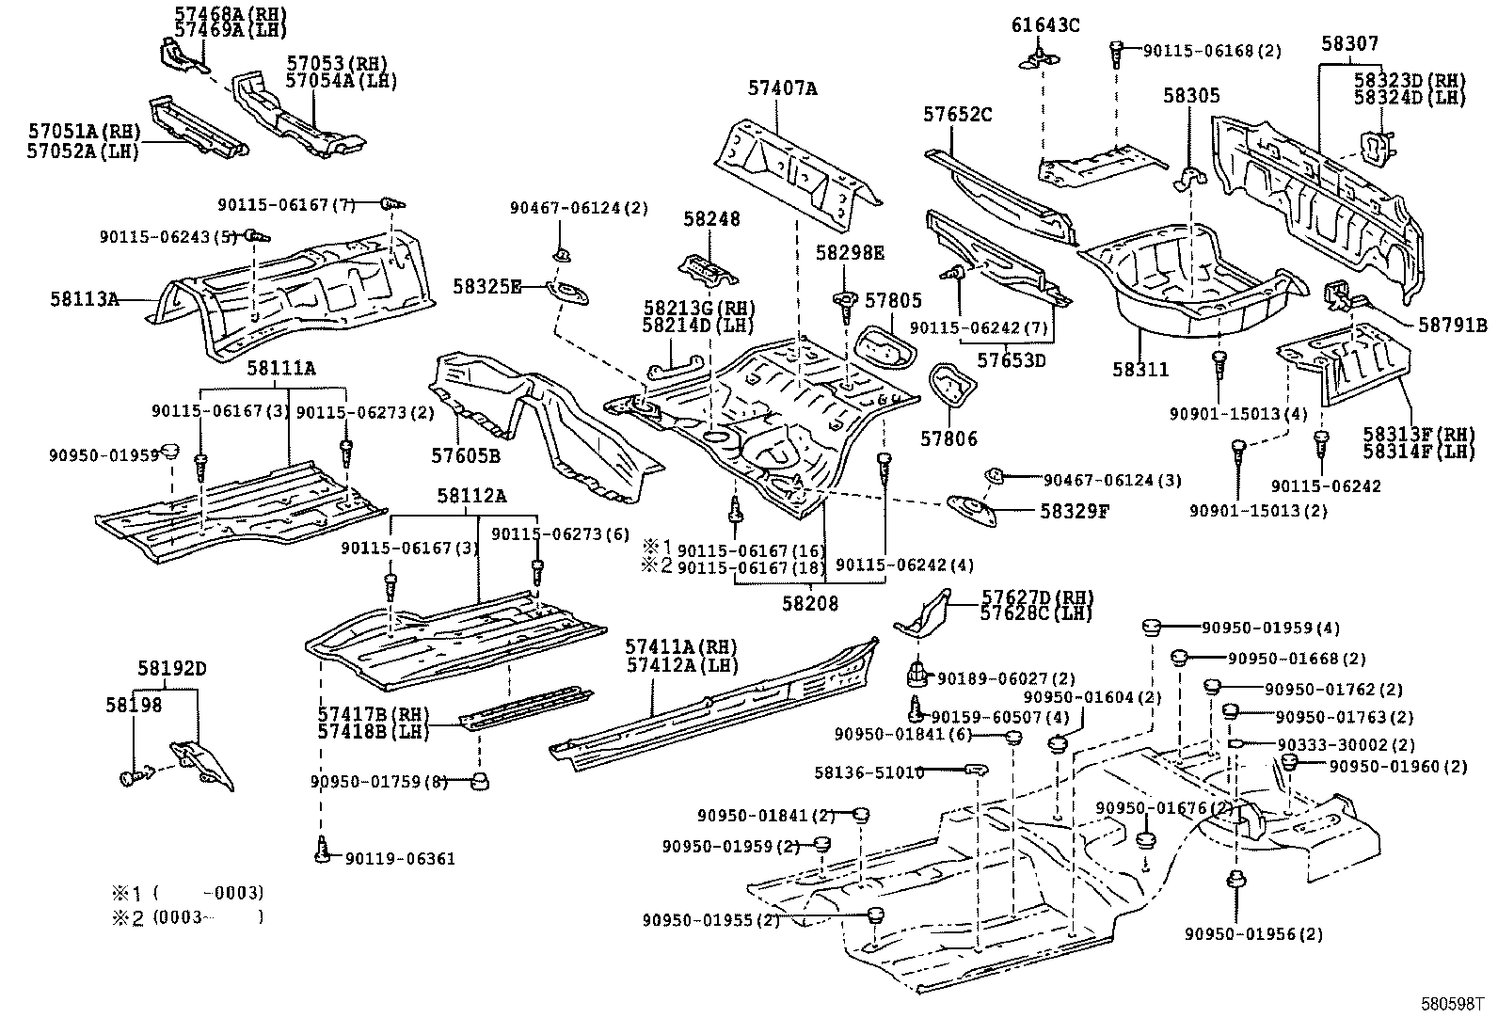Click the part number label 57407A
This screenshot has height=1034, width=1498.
783,89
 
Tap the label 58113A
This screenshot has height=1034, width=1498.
85,299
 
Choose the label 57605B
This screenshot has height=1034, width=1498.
465,455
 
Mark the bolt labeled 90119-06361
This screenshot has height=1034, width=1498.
323,851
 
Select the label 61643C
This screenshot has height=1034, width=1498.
1045,25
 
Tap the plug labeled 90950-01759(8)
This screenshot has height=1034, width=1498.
481,781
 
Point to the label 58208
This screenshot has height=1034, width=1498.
809,604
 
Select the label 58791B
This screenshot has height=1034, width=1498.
1453,326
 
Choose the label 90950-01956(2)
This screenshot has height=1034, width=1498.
1253,934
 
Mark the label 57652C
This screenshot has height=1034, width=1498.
957,115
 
